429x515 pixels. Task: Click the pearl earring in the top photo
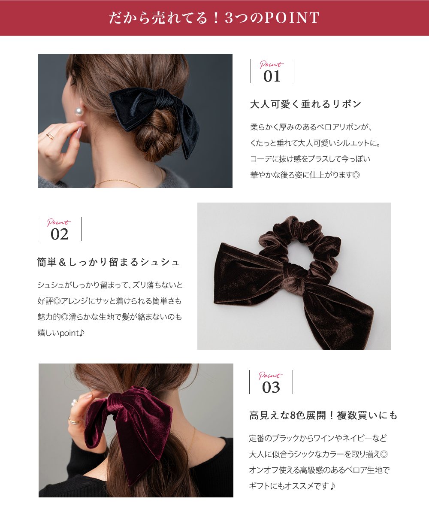(x=79, y=112)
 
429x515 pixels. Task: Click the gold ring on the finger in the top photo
(x=51, y=136)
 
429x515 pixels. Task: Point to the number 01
(x=272, y=76)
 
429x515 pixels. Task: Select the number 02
(x=59, y=234)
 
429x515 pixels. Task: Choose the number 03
(x=271, y=388)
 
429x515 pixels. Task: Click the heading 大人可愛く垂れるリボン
(x=306, y=104)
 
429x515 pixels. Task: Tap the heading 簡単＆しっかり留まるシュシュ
(x=109, y=262)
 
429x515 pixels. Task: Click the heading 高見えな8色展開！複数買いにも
(x=323, y=415)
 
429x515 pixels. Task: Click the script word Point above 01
(x=271, y=65)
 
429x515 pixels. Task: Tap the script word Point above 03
(x=270, y=376)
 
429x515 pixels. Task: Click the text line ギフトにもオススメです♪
(x=292, y=486)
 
